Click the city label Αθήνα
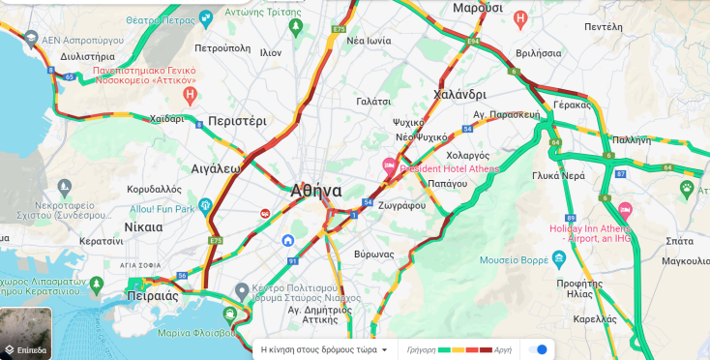point(315,191)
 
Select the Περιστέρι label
point(237,122)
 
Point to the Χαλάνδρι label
point(459,95)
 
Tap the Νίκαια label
point(144,226)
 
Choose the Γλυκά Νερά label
point(558,176)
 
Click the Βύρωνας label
point(373,254)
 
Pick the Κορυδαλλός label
point(154,189)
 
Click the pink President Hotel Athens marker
point(390,164)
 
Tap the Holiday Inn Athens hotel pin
point(625,209)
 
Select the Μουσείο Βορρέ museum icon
point(560,259)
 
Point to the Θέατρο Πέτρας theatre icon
point(205,17)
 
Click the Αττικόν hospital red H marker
point(191,95)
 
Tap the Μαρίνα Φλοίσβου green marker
point(229,315)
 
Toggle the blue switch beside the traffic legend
point(538,349)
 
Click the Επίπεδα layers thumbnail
point(27,333)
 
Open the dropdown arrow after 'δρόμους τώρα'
point(385,349)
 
